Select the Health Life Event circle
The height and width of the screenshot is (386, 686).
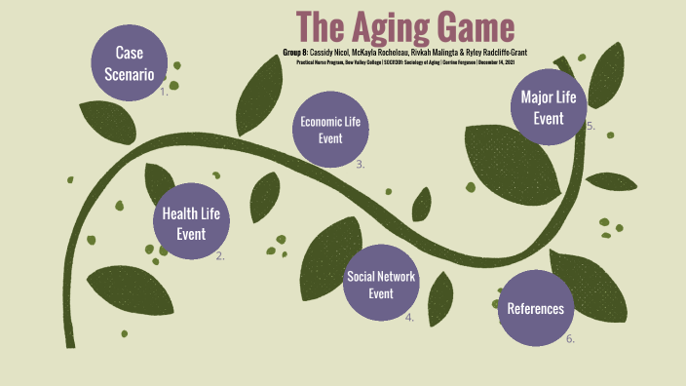pyautogui.click(x=191, y=222)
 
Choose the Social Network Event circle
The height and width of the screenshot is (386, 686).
pyautogui.click(x=381, y=284)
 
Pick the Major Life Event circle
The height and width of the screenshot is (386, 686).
pyautogui.click(x=549, y=107)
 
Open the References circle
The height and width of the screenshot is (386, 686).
pyautogui.click(x=535, y=309)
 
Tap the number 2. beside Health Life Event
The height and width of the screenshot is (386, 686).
pyautogui.click(x=220, y=256)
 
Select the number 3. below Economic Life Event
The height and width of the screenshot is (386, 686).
pyautogui.click(x=361, y=165)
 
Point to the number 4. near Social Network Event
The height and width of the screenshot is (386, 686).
pyautogui.click(x=410, y=318)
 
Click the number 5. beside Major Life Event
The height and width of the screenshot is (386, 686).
pyautogui.click(x=591, y=126)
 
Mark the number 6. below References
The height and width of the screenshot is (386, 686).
pyautogui.click(x=570, y=339)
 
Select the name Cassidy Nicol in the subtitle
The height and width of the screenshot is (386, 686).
pyautogui.click(x=330, y=51)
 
